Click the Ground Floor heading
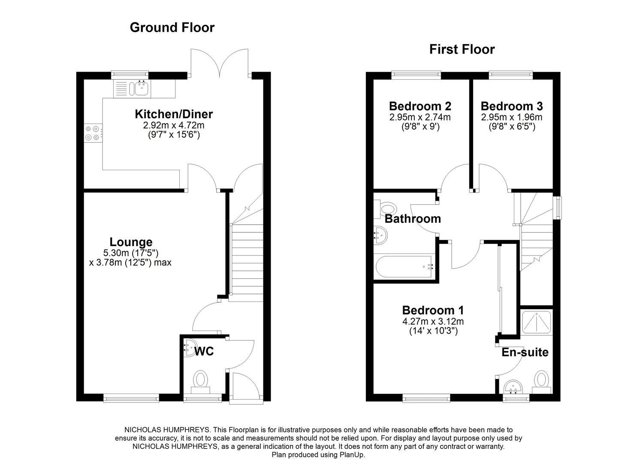point(172,27)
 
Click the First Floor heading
point(462,49)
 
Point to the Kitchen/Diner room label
point(174,114)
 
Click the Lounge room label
point(131,242)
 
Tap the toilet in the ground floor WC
point(200,381)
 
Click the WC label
point(204,352)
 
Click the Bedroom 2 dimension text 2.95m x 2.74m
point(420,117)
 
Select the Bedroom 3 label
point(511,106)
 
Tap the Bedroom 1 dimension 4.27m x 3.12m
point(432,321)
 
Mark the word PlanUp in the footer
point(353,455)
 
